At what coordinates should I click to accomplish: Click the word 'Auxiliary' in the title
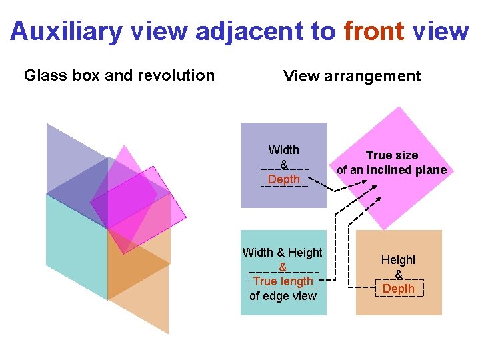(x=59, y=31)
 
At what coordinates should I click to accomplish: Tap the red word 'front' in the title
(x=374, y=31)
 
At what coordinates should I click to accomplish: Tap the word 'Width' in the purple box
(x=283, y=150)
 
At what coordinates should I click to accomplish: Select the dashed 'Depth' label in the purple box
(x=283, y=179)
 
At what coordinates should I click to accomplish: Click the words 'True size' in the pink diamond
(x=391, y=155)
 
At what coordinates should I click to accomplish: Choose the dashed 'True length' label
(x=283, y=281)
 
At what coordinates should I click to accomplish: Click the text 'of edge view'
(x=283, y=296)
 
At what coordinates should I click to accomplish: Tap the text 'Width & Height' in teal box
(x=282, y=253)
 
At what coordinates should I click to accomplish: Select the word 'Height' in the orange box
(x=398, y=260)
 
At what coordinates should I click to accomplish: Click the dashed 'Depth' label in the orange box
(x=398, y=289)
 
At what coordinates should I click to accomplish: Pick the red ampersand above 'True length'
(x=283, y=267)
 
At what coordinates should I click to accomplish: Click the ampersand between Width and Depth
(x=284, y=165)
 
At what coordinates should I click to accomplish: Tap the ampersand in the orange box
(x=398, y=274)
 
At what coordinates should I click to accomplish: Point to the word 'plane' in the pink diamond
(x=430, y=170)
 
